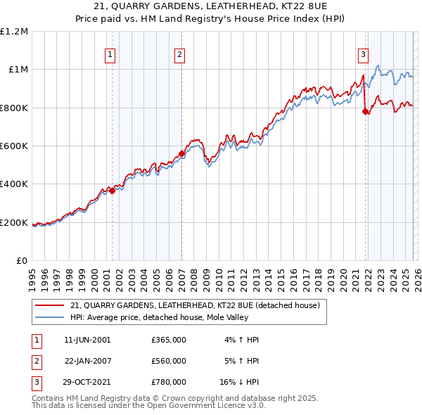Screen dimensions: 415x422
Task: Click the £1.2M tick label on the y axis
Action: pos(14,31)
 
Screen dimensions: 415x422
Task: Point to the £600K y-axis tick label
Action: pos(14,146)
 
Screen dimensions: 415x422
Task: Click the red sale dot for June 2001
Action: pos(112,191)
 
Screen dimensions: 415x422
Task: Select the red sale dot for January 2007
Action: pos(181,153)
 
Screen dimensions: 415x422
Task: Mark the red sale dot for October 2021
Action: pos(365,111)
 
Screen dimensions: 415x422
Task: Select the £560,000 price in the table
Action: pos(169,361)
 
